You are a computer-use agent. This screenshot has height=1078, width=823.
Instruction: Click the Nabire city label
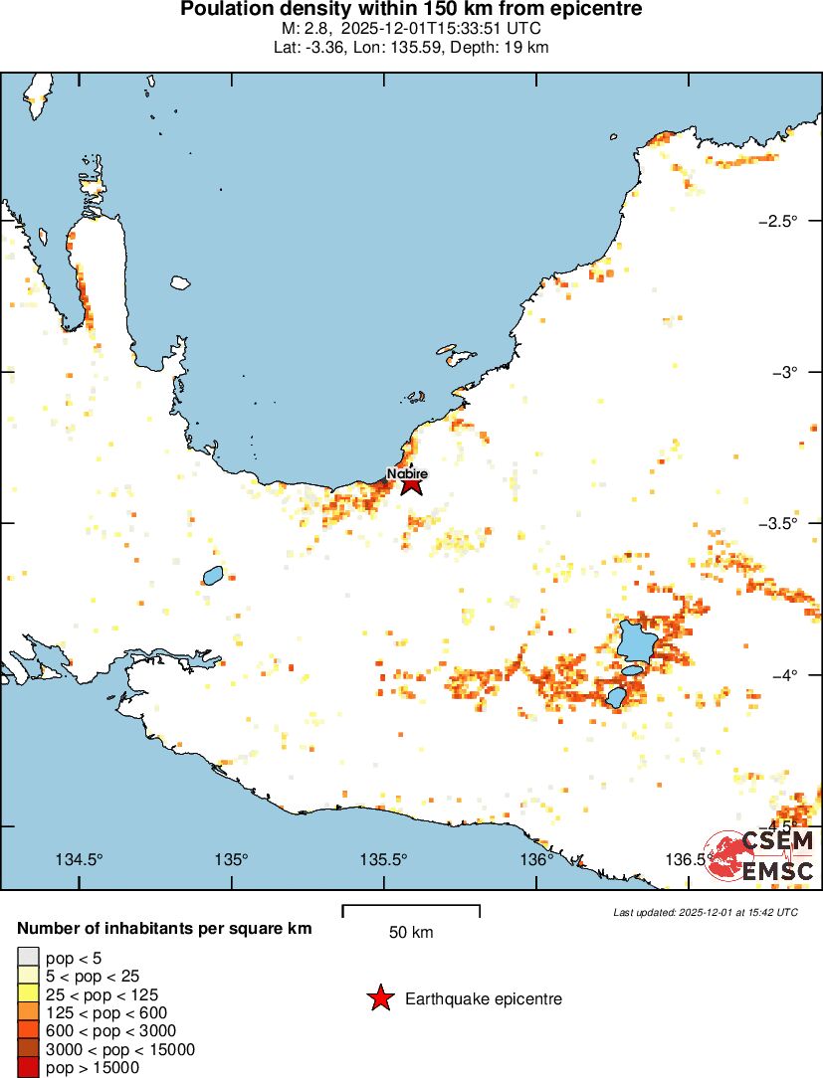(x=407, y=474)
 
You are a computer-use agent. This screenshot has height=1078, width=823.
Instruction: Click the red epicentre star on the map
(x=412, y=485)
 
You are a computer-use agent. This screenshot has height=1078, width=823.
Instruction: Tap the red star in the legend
(x=380, y=998)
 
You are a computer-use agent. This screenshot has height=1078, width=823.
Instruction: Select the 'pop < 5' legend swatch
(x=28, y=959)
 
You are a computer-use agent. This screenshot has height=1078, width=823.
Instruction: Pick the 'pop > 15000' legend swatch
(x=28, y=1068)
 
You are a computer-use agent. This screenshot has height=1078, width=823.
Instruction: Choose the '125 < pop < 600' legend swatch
(x=28, y=1013)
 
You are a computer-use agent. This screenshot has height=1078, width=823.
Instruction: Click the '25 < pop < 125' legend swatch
(x=28, y=995)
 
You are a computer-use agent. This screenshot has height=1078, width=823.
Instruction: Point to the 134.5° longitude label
(x=80, y=859)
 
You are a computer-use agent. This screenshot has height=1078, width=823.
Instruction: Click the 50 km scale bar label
(x=411, y=933)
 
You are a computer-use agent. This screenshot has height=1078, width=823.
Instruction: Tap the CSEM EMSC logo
(x=762, y=856)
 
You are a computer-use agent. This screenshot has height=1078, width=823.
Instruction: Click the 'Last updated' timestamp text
(x=706, y=912)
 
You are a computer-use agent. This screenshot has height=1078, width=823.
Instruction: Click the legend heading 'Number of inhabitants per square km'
(x=165, y=929)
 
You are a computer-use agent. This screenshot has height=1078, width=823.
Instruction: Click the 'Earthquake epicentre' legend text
(x=484, y=998)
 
